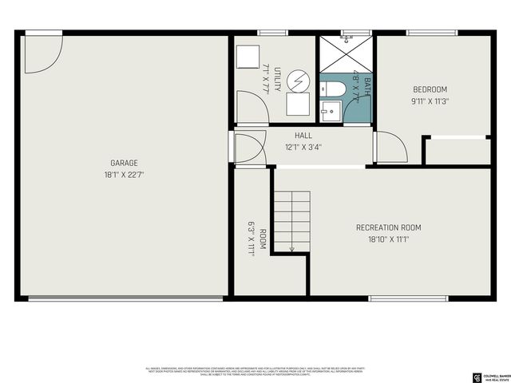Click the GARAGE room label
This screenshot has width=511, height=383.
124,163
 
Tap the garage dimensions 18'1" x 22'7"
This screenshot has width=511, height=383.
124,174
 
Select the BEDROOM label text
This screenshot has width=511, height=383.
430,89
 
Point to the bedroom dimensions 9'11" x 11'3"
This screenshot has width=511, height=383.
430,101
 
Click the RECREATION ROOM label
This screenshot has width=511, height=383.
388,227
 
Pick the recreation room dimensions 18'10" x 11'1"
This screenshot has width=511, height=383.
388,239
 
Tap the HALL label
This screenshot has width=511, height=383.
303,136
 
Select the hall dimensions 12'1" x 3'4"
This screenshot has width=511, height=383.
303,147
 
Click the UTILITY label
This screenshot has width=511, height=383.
277,80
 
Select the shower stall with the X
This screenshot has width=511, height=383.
347,53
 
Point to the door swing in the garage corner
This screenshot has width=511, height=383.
40,51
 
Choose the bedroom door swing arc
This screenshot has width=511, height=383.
391,148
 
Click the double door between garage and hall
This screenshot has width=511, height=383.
246,148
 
